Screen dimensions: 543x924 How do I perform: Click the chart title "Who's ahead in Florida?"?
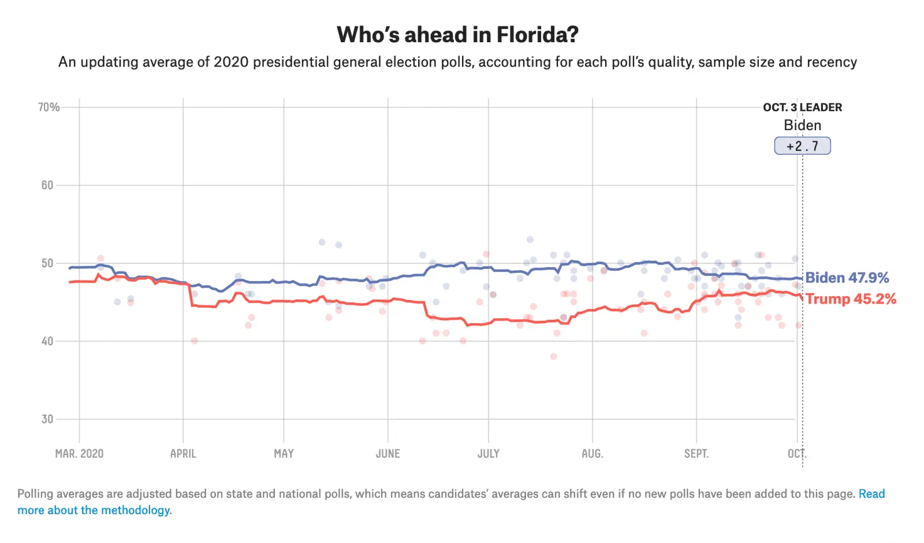click(457, 35)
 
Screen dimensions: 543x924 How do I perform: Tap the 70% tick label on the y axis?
click(49, 108)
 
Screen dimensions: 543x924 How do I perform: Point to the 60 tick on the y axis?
click(47, 186)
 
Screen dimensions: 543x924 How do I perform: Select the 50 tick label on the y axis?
click(47, 264)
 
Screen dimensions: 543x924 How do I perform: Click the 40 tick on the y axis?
click(47, 341)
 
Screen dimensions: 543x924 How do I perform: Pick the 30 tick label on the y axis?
click(47, 419)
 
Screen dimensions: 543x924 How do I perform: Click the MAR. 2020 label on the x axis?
click(79, 454)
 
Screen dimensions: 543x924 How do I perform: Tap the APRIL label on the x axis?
click(183, 454)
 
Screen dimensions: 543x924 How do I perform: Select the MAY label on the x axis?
click(284, 454)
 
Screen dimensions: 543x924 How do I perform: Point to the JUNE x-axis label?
click(388, 454)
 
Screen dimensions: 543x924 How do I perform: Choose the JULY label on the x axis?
click(489, 454)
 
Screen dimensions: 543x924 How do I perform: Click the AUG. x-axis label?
click(592, 454)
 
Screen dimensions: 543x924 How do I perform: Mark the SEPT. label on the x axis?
click(696, 454)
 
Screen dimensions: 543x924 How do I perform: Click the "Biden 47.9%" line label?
click(847, 278)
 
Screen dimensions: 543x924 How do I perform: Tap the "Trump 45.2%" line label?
click(851, 299)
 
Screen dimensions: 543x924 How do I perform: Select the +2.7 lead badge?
click(802, 146)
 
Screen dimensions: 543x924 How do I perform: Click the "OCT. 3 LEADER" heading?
click(802, 108)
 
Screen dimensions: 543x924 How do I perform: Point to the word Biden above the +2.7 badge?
click(802, 125)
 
